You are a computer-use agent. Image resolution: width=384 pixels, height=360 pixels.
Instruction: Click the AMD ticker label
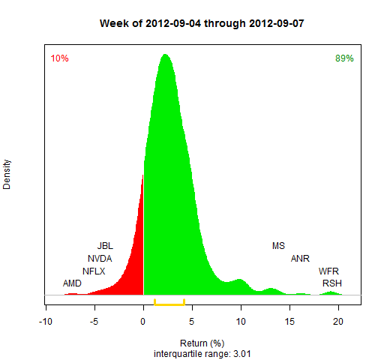(72, 283)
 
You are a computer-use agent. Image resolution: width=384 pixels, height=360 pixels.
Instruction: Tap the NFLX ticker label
(94, 271)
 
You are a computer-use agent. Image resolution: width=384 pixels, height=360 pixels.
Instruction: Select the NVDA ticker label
(100, 259)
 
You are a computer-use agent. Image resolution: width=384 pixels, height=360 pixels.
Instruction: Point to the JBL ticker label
(105, 246)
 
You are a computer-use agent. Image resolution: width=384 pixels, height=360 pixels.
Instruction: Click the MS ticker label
(278, 246)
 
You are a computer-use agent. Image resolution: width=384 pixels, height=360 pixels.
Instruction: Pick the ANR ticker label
(300, 259)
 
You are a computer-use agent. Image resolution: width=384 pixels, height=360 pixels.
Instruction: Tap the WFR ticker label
(328, 271)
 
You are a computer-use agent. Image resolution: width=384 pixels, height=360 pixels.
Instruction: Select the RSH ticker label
(332, 283)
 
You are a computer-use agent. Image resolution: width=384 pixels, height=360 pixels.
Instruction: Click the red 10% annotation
(59, 58)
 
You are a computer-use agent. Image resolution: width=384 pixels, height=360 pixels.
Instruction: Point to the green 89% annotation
(344, 58)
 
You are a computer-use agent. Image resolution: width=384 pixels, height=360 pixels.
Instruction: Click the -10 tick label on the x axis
(46, 322)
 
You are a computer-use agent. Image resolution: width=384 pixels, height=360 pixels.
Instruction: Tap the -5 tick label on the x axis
(94, 322)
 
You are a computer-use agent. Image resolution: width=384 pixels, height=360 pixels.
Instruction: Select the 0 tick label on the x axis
(142, 322)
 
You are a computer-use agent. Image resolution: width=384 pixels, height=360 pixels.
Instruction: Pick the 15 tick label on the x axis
(289, 322)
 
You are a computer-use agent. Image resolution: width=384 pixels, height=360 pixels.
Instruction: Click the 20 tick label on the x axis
(338, 322)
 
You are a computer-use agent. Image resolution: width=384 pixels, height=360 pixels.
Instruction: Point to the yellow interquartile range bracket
(169, 304)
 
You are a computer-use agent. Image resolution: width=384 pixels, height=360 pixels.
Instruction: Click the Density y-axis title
(7, 175)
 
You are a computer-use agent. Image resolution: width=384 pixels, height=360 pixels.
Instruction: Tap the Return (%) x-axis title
(202, 343)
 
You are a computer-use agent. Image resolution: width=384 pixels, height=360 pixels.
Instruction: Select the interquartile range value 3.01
(242, 354)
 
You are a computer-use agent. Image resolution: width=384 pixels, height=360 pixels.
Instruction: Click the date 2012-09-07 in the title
(277, 23)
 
